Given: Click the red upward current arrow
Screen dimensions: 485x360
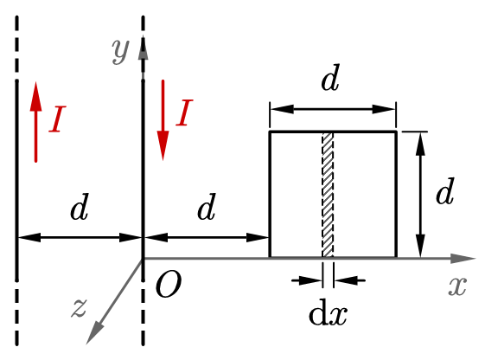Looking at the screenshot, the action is (x=36, y=122).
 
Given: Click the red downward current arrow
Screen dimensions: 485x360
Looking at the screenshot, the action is (x=163, y=120).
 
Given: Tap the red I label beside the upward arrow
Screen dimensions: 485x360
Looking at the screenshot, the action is (x=58, y=119).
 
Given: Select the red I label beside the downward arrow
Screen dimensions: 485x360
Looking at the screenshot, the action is (x=185, y=112).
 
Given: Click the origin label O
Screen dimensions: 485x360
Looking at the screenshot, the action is (x=169, y=285).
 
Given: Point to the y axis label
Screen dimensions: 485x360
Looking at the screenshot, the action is (x=120, y=51).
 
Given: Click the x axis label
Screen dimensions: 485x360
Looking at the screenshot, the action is (x=457, y=286).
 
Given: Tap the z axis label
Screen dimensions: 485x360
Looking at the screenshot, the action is (x=80, y=308).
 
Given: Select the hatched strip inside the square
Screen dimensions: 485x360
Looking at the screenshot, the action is (x=328, y=195).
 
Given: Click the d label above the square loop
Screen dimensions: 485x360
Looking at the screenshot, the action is (x=330, y=77).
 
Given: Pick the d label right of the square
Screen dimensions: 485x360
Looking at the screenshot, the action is (x=445, y=191).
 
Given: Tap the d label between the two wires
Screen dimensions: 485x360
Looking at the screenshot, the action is (x=80, y=207).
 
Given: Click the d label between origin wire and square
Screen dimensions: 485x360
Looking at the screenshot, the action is (x=207, y=207).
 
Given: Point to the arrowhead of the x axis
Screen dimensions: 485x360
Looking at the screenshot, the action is (x=463, y=258).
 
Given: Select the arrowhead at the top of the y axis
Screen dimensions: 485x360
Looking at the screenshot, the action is (x=143, y=48).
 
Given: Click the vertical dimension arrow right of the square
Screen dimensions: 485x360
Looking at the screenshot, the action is (x=420, y=195).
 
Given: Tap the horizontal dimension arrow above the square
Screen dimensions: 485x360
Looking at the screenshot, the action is (x=333, y=109).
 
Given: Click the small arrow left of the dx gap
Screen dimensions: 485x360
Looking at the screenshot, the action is (x=307, y=280).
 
